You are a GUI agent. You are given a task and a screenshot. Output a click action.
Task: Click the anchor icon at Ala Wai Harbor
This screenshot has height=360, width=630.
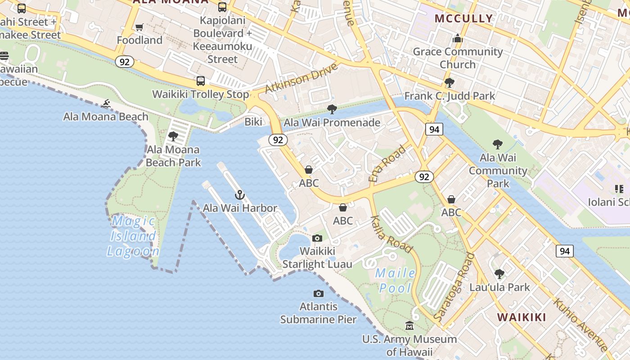pos(240,195)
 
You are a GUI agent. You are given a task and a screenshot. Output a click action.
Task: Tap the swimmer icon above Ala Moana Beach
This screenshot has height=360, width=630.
pos(106,104)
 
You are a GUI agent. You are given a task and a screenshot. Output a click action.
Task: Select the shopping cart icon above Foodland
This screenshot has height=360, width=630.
pos(139,27)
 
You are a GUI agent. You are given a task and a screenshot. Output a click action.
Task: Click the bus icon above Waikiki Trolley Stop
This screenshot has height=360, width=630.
pos(201,81)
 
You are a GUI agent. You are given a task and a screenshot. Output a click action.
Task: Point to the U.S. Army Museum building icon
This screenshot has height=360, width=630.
pos(409,325)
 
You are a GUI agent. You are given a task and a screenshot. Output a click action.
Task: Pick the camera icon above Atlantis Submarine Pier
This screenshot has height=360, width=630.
pos(319,294)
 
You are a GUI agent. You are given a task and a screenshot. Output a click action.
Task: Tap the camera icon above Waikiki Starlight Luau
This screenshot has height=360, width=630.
pos(317,238)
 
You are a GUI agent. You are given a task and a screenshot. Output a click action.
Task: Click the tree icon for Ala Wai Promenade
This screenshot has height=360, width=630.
pos(332,109)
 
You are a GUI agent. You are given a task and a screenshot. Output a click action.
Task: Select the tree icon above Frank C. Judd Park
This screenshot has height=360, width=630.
pos(449,83)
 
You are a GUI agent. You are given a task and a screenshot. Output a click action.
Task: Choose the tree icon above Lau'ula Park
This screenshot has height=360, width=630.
pos(499,274)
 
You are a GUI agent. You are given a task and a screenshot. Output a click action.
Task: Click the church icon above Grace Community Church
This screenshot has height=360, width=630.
pos(458,38)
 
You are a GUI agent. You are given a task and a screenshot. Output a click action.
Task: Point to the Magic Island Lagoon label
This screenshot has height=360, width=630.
pos(133,236)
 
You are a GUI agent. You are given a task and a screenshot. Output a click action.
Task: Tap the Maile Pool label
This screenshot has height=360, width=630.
pos(396,280)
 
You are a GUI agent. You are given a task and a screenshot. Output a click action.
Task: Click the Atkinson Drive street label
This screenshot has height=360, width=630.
pos(301,78)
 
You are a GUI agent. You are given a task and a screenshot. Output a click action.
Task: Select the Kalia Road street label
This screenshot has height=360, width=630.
pos(391,234)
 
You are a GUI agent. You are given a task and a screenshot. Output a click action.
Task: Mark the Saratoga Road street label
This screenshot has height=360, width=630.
pos(454,287)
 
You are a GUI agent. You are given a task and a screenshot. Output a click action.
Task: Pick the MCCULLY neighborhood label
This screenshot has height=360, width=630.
pos(463,18)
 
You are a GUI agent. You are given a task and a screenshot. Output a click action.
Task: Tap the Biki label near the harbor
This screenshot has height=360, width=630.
pos(253,122)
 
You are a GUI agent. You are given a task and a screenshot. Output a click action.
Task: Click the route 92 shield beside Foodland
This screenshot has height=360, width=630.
pos(125,62)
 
